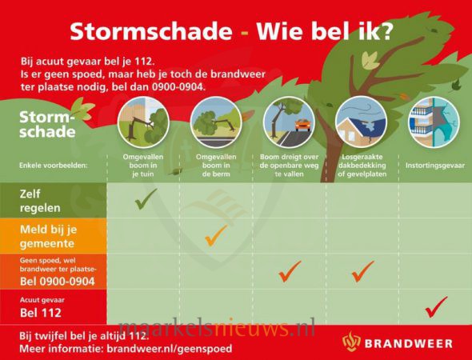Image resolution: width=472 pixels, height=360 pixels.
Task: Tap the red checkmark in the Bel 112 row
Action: pos(435,308)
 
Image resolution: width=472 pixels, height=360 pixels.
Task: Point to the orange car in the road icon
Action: pos(302,125)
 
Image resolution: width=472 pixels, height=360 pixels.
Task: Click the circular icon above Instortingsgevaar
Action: pos(434,122)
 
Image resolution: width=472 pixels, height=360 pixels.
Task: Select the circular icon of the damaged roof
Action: pos(361,122)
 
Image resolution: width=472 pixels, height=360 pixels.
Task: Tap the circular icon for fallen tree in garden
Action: pos(143,122)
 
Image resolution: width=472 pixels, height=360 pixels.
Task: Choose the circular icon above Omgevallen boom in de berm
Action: pos(216,122)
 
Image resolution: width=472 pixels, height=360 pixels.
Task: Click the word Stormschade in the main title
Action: pos(151,31)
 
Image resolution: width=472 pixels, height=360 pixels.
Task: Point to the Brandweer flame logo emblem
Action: pos(351,342)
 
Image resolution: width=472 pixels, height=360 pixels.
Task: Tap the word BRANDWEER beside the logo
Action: pos(409,343)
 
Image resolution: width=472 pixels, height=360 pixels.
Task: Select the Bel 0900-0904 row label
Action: pos(58,282)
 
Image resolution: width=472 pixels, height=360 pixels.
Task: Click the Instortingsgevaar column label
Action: pos(435,166)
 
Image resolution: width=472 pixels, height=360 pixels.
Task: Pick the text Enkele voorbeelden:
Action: pos(53,166)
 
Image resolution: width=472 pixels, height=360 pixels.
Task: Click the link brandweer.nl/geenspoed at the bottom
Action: pos(170,349)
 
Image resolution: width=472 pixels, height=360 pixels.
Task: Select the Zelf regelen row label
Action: pos(40,201)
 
